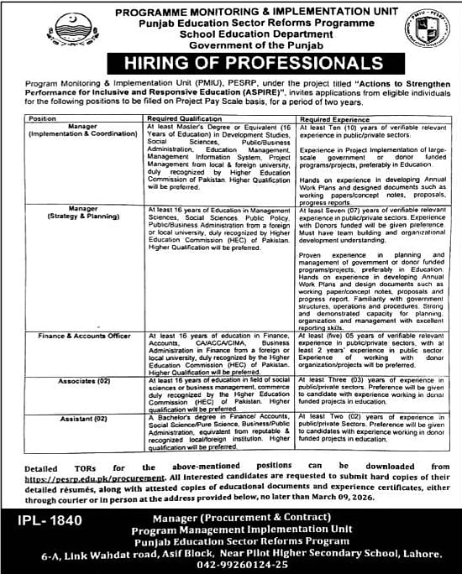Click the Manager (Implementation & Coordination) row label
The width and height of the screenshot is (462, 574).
point(76,129)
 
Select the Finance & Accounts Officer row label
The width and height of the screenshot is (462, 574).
point(76,335)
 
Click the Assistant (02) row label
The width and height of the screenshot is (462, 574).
point(76,416)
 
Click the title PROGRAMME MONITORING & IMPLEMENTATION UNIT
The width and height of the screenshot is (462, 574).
point(231,13)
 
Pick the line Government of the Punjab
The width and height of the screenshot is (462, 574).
point(231,44)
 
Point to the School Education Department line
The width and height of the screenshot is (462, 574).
point(231,34)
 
